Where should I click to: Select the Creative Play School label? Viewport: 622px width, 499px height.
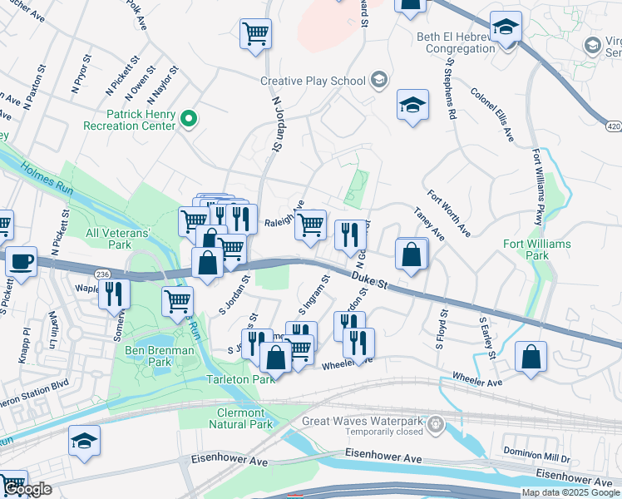click(x=313, y=81)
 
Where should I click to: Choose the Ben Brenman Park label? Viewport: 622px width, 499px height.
click(x=160, y=351)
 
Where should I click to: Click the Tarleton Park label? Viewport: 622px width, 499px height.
click(x=239, y=379)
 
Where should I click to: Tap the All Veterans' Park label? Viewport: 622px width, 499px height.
click(x=119, y=240)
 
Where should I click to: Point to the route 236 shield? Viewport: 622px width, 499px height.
click(x=102, y=273)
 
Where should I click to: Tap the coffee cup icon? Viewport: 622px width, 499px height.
click(x=22, y=261)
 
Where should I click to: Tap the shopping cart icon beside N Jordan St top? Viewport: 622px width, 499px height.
click(x=256, y=34)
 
